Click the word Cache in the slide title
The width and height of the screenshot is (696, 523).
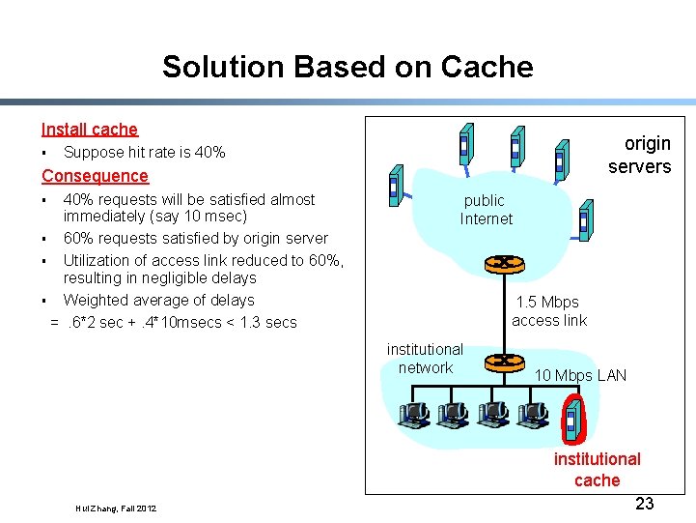tap(487, 67)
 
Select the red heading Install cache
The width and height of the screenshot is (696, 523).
tap(90, 130)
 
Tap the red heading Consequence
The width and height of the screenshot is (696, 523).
tap(95, 176)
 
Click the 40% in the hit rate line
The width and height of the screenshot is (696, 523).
tap(209, 152)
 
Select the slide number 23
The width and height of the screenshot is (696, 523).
tap(645, 504)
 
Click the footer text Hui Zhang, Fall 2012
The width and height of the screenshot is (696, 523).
tap(116, 508)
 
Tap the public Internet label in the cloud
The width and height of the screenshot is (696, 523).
tap(486, 210)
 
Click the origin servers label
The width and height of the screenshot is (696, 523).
tap(640, 155)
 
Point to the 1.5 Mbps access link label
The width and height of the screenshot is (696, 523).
tap(549, 311)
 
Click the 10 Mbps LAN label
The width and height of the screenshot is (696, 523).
tap(580, 375)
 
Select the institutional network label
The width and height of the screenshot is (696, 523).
tap(425, 359)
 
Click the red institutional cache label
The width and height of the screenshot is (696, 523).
tap(597, 470)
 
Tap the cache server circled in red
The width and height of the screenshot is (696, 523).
tap(573, 420)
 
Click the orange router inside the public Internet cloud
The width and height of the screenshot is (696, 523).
tap(504, 264)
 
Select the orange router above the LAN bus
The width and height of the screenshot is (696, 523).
tap(504, 363)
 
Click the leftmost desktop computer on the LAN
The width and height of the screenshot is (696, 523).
tap(414, 415)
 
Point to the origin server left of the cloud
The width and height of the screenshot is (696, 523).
tap(397, 186)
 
